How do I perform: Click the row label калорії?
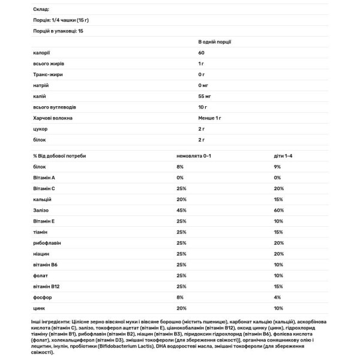point(41,53)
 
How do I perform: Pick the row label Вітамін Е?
point(44,221)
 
